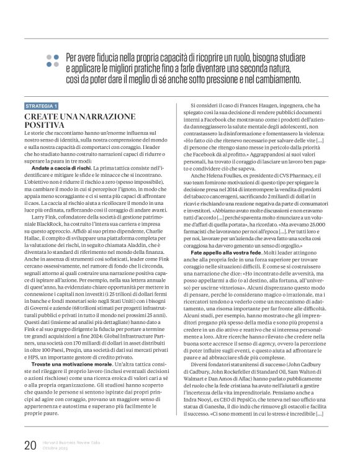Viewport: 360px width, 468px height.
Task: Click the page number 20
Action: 30,445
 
